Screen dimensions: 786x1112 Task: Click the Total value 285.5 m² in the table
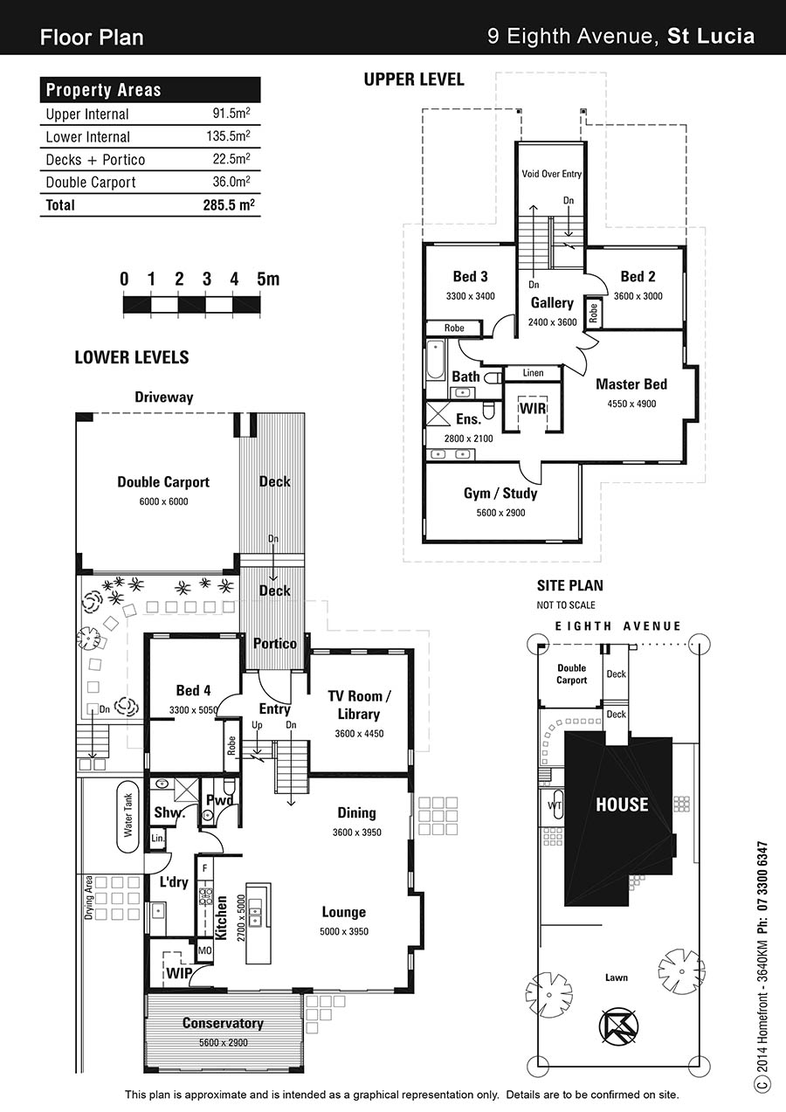pos(229,204)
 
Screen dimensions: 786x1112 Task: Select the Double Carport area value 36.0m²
pos(231,182)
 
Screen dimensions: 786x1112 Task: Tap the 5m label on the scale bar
pos(268,279)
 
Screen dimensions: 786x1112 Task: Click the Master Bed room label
pos(631,384)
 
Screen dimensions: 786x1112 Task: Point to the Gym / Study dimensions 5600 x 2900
pos(500,513)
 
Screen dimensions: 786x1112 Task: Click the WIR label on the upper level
pos(533,409)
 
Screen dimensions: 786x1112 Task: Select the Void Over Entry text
pos(551,174)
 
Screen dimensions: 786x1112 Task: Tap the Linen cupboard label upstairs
pos(533,373)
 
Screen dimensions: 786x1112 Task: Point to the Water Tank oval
pos(128,817)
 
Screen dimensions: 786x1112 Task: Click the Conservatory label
pos(223,1023)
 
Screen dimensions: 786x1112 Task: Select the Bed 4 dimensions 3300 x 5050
pos(194,710)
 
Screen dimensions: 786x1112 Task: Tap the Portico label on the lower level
pos(275,644)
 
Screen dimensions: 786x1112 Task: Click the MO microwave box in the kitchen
pos(205,950)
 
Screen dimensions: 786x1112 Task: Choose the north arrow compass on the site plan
pos(618,1026)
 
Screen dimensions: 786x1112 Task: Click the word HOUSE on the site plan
pos(622,805)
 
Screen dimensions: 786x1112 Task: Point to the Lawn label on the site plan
pos(617,977)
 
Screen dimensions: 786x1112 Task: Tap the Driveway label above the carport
pos(164,397)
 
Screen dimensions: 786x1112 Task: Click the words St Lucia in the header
pos(711,36)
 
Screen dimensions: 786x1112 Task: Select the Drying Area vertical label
pos(89,897)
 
